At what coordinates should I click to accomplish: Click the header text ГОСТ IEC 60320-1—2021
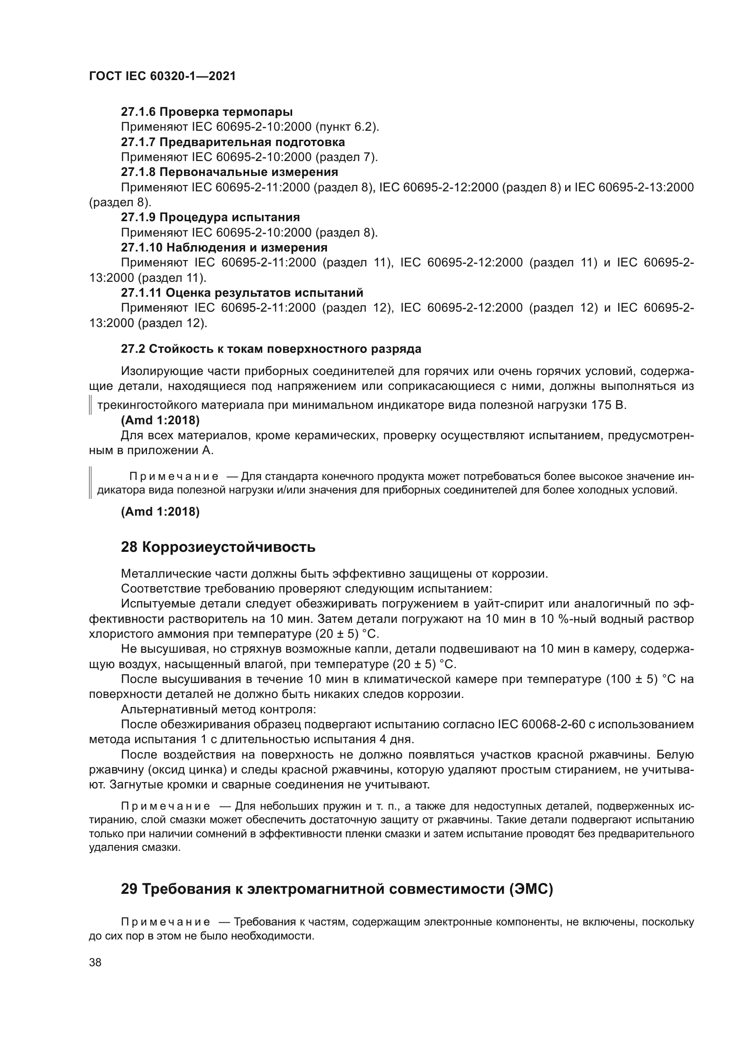coord(162,76)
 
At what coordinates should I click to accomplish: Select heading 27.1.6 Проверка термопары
coord(207,112)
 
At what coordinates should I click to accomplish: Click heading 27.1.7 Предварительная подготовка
coord(232,142)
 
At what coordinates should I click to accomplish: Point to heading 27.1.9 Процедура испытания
coord(210,218)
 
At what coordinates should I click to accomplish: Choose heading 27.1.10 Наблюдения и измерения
coord(224,247)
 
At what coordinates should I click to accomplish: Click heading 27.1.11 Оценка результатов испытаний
coord(242,293)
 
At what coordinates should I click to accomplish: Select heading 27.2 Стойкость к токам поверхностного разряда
coord(271,349)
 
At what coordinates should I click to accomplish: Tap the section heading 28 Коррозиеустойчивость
coord(218,547)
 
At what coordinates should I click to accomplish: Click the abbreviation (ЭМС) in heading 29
coord(531,888)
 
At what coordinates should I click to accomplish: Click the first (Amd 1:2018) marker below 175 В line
coord(160,420)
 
